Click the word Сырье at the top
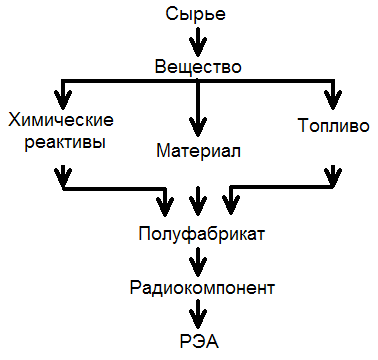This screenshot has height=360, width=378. (x=199, y=14)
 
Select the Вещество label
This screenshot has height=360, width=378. (x=199, y=67)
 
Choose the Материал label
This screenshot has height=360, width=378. (x=200, y=151)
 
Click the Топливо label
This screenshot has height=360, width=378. (x=330, y=127)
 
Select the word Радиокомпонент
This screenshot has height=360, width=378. (x=202, y=288)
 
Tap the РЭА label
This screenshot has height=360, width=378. (x=200, y=341)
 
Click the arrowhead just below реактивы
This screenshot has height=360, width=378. (x=65, y=180)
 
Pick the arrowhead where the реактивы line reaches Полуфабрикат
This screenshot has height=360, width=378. (x=167, y=207)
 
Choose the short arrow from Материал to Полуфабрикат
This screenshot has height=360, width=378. (x=199, y=204)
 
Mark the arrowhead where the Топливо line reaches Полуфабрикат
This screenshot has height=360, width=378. (x=231, y=207)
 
